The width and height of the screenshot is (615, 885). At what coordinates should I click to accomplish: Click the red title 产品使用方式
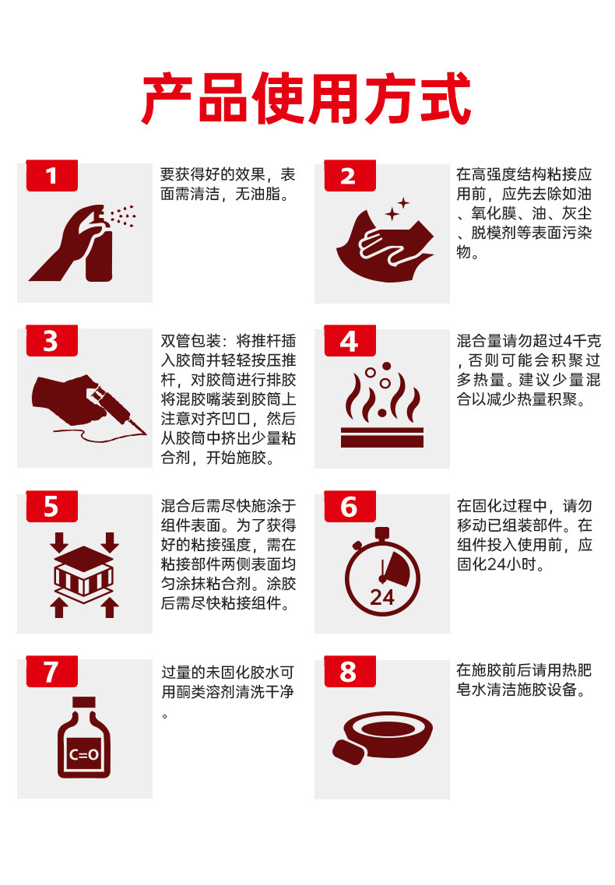(305, 98)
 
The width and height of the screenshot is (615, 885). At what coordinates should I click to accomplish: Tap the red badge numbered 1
(52, 176)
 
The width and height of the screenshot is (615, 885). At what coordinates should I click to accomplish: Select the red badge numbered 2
(350, 176)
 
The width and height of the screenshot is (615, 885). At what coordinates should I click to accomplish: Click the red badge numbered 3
(52, 341)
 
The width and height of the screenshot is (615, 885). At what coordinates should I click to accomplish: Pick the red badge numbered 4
(350, 341)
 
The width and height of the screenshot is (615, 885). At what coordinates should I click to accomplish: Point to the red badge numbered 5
(52, 506)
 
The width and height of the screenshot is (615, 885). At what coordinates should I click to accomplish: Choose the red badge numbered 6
(350, 506)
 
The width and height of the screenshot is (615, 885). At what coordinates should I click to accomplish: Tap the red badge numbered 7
(52, 672)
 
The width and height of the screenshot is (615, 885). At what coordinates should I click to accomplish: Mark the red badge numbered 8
(350, 672)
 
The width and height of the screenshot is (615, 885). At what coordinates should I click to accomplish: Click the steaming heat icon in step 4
(381, 406)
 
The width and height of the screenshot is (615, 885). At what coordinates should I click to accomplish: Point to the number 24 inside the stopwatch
(381, 597)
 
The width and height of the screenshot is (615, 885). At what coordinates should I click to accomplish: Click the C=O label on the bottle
(84, 754)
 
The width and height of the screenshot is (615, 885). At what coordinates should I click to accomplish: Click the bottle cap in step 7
(83, 702)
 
